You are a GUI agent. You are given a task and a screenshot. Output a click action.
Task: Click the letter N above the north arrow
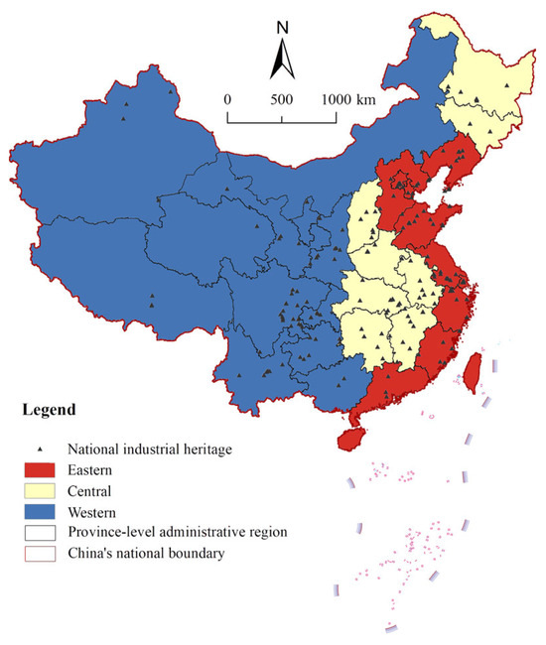[x=281, y=26]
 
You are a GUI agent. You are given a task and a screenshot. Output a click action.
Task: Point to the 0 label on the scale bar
[x=227, y=99]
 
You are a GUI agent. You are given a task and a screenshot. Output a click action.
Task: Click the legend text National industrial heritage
[x=149, y=450]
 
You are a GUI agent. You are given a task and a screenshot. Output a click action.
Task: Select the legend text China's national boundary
[x=148, y=553]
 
